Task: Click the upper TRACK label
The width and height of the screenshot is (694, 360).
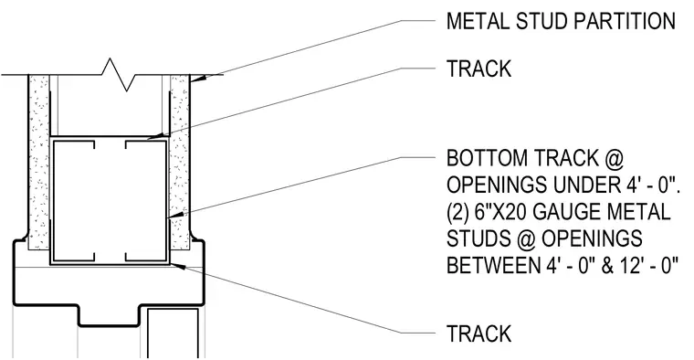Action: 478,69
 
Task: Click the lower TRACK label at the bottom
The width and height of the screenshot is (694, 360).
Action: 478,334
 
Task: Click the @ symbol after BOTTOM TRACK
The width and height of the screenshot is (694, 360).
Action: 614,158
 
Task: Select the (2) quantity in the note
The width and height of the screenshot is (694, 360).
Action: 457,212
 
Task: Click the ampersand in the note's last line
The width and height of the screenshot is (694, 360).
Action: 607,265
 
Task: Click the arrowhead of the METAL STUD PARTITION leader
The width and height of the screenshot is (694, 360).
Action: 200,78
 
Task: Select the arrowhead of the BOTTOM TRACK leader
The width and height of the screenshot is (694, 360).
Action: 175,216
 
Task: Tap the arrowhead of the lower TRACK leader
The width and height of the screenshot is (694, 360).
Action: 177,265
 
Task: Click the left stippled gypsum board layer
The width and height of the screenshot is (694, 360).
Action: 39,162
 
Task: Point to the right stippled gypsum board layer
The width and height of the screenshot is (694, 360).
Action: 180,162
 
